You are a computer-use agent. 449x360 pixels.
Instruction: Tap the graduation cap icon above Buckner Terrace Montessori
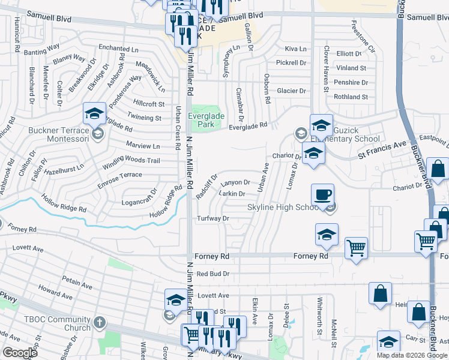point(95,113)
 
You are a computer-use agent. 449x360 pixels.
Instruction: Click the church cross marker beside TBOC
point(100,323)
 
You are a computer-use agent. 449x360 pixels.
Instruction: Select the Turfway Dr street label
point(214,218)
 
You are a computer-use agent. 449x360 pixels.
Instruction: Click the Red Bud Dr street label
point(214,274)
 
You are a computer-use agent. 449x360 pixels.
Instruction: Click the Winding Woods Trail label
point(131,161)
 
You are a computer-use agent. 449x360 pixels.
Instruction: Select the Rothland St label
point(351,97)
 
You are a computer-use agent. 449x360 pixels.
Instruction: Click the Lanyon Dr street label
point(234,182)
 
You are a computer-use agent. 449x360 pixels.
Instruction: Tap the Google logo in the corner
point(20,353)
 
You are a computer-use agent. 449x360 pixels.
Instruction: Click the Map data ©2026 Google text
point(412,355)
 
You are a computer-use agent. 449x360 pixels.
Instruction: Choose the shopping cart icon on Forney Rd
point(356,248)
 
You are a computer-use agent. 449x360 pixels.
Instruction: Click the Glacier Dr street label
point(291,91)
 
